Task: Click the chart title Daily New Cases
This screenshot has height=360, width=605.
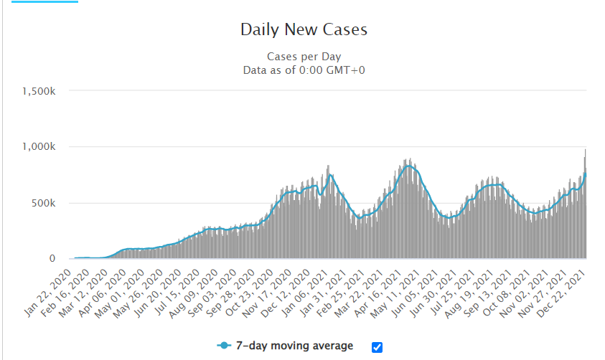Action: click(304, 30)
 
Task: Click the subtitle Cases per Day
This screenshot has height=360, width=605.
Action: click(304, 56)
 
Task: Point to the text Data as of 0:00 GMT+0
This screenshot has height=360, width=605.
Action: click(304, 70)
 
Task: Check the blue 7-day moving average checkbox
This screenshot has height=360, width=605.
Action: click(377, 347)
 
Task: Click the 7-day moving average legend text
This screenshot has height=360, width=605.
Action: click(294, 346)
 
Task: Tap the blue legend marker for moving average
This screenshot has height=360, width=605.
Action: click(225, 346)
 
